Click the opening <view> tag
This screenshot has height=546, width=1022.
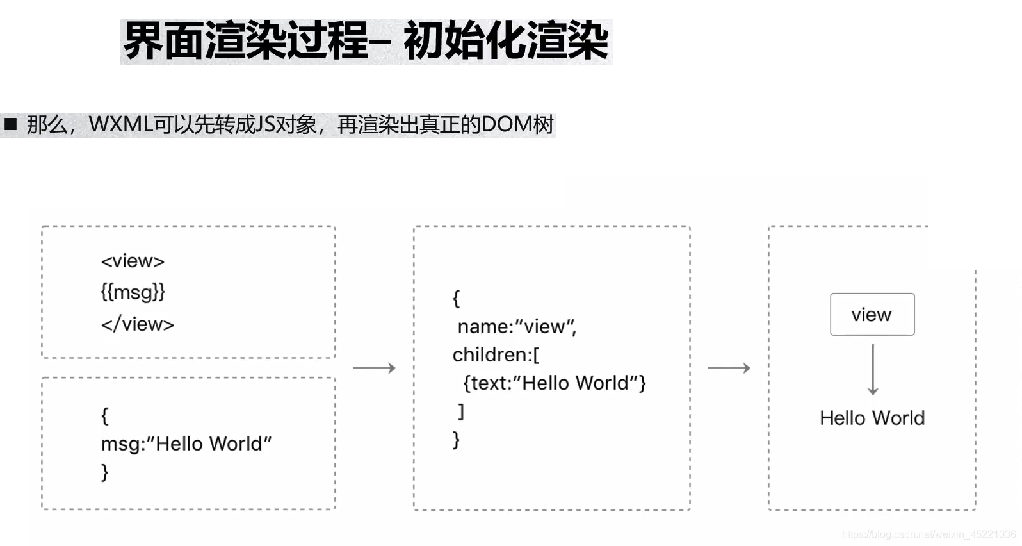click(133, 261)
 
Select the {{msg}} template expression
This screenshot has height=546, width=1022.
click(133, 292)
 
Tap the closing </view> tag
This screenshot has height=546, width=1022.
click(137, 324)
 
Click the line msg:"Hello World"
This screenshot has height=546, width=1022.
click(186, 443)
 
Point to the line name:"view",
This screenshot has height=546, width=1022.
click(516, 327)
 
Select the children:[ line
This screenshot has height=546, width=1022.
click(496, 355)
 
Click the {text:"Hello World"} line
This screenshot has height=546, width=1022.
click(555, 383)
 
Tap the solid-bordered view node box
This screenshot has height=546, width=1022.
click(872, 315)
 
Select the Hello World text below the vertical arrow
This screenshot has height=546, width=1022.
click(872, 418)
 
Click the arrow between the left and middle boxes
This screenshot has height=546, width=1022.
click(375, 368)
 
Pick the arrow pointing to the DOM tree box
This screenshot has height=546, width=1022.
click(729, 368)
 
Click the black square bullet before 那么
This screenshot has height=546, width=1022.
click(10, 124)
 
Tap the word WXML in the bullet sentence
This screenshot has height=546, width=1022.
click(121, 124)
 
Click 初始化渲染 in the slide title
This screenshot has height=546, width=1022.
click(506, 42)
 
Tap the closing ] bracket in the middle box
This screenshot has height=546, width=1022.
click(460, 411)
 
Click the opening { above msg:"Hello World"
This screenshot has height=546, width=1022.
click(104, 415)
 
